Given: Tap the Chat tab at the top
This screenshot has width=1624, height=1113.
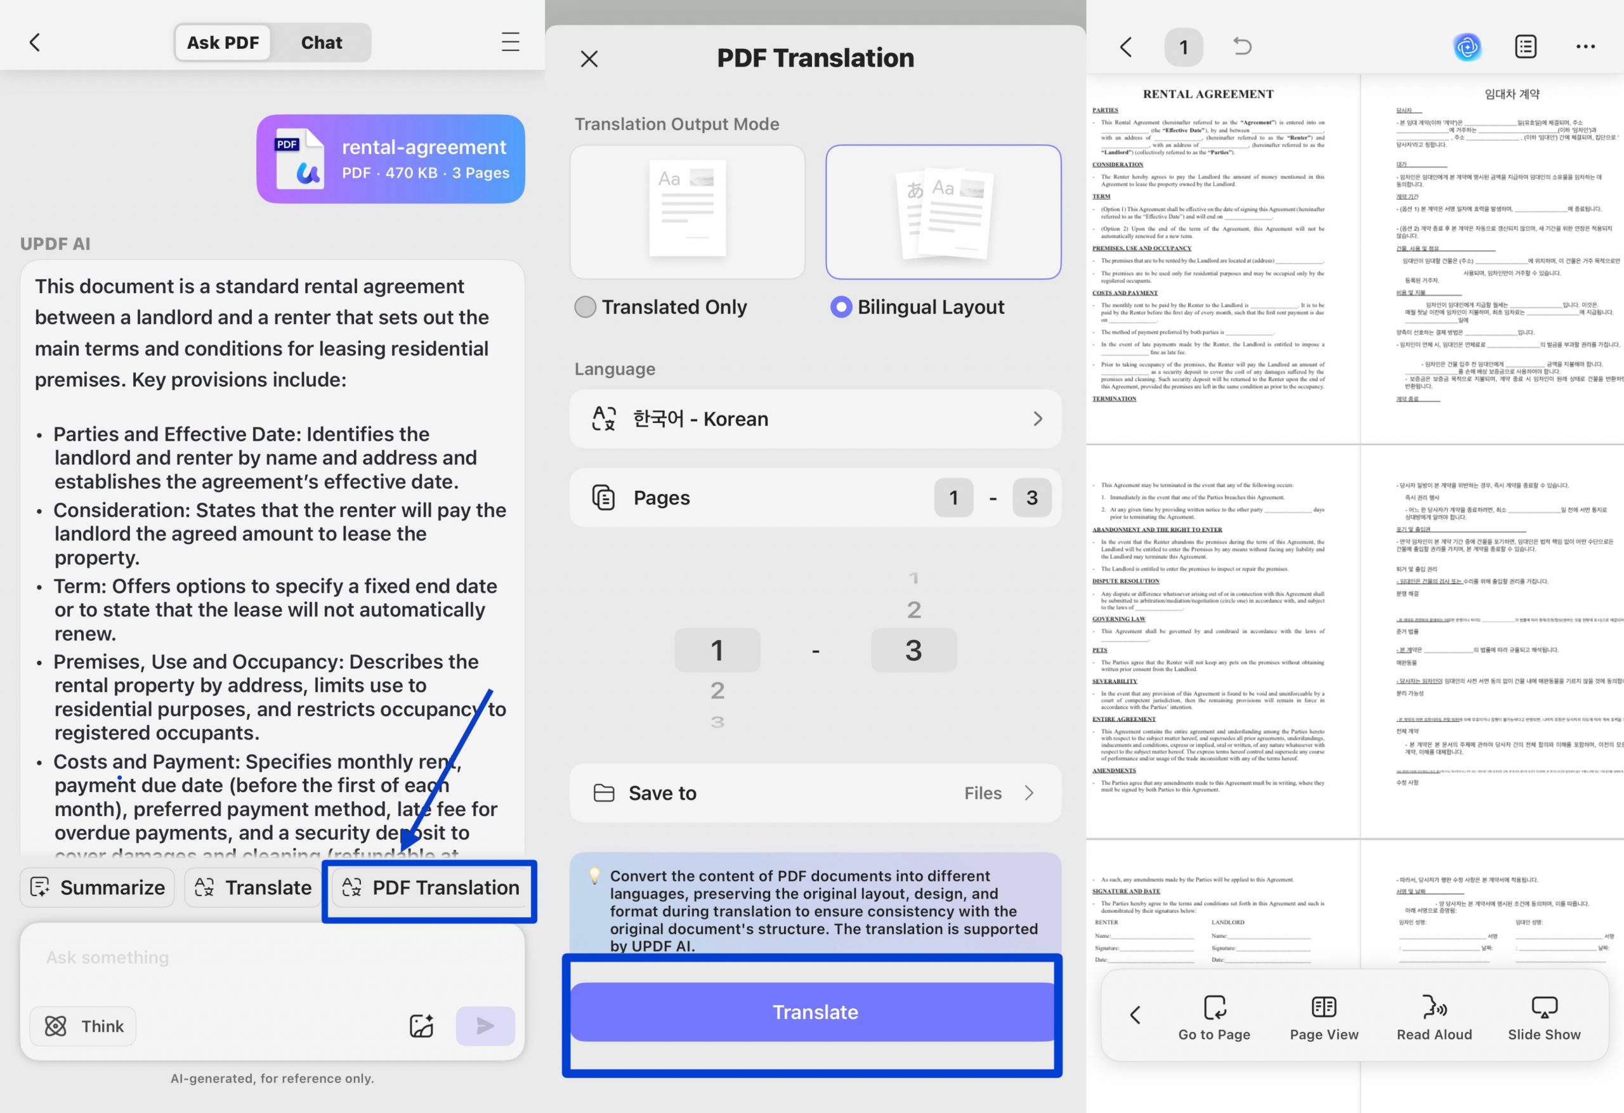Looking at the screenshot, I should click(321, 42).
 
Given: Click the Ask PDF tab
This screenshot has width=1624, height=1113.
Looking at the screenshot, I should click(223, 42).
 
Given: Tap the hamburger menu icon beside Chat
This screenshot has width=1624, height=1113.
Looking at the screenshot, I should click(510, 42).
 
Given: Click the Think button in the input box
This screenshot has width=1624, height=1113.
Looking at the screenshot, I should click(83, 1025).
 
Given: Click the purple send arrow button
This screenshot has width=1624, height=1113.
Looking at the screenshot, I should click(485, 1025).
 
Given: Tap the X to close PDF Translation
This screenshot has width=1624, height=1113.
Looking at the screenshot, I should click(589, 59).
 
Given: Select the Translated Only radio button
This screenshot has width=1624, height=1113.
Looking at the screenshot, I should click(585, 307).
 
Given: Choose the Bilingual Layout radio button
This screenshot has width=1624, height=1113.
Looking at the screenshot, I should click(841, 307).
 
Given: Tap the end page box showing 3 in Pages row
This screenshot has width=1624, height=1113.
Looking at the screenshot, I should click(1031, 497).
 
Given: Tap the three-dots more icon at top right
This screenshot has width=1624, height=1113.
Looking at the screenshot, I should click(1585, 47).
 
